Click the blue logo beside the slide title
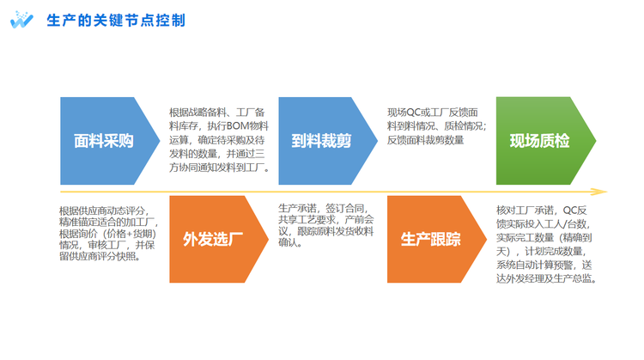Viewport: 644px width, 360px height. coord(21,20)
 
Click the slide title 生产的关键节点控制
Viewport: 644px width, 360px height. coord(116,20)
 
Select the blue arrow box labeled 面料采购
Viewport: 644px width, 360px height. coord(110,141)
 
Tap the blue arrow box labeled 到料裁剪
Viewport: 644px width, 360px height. coord(328,141)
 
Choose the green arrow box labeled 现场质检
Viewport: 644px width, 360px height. coord(546,141)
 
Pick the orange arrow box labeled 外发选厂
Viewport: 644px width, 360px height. coord(219,239)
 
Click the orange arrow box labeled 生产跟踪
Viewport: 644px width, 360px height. coord(436,239)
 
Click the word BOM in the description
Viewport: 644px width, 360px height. coord(238,126)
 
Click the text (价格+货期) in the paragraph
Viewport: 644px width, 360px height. coord(130,234)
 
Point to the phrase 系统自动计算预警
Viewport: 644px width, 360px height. coord(535,265)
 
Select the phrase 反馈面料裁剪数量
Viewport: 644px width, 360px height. coord(426,140)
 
